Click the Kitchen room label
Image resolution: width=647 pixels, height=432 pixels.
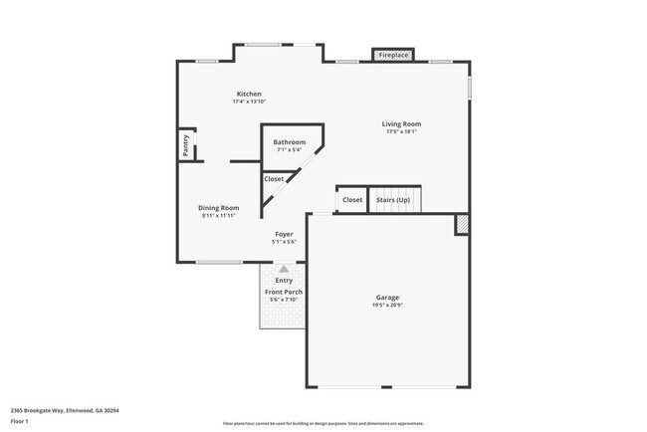point(248,94)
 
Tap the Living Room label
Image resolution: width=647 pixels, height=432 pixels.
point(401,124)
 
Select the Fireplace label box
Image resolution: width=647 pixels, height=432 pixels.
point(393,56)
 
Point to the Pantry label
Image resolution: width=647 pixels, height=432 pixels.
point(185,146)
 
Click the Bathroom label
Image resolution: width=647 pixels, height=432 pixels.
point(290,142)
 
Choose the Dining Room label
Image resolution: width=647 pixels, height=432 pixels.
point(219,208)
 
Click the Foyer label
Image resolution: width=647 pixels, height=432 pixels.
point(285,234)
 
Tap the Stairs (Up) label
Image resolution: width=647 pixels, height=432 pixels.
point(392,200)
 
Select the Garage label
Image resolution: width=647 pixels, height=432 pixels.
point(387,298)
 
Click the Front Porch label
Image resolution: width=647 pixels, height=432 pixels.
point(284,292)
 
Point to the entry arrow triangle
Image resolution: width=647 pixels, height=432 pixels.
point(285,269)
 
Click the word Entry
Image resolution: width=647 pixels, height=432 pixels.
point(284,281)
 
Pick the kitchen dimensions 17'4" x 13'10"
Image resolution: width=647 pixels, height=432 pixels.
point(248,102)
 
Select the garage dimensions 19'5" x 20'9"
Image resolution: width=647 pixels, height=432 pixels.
point(387,306)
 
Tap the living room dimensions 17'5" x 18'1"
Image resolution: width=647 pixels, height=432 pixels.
point(401,132)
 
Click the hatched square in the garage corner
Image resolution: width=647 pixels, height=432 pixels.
point(462,225)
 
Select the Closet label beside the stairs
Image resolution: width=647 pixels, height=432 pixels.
point(352,200)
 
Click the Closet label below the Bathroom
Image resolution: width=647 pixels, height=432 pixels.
point(274,179)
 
